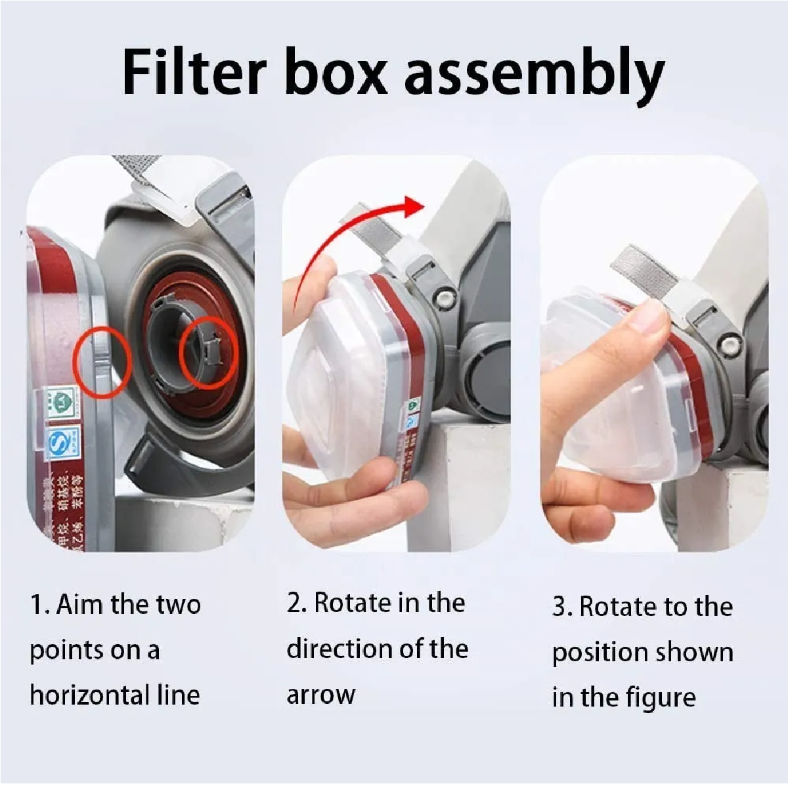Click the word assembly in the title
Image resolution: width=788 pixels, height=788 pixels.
[534, 74]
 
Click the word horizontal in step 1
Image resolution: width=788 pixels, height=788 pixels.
[89, 695]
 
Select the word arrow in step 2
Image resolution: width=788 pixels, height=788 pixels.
[320, 695]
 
